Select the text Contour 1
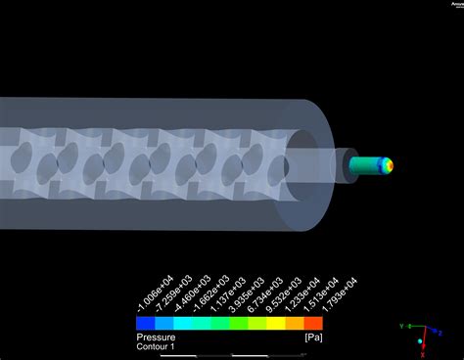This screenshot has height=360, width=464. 155,344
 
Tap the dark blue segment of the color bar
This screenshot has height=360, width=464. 144,322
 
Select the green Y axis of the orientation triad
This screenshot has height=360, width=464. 412,327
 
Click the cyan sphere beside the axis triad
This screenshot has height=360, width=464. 420,340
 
